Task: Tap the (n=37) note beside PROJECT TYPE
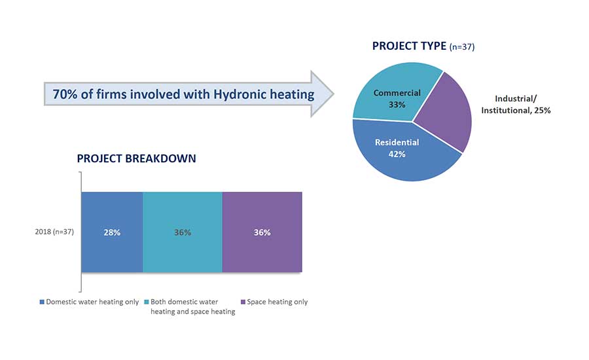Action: [x=462, y=46]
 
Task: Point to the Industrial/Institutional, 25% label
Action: [x=516, y=105]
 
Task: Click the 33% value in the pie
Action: [x=397, y=105]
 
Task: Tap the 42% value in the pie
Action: [x=397, y=154]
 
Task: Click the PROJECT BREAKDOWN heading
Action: [x=136, y=158]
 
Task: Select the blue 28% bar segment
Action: [x=112, y=232]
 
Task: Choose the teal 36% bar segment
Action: [x=183, y=232]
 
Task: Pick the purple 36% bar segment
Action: [x=262, y=232]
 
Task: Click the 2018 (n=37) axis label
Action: [x=54, y=232]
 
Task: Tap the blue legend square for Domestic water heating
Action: [x=42, y=302]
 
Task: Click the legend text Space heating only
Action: [x=277, y=302]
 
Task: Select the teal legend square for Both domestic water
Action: [x=147, y=302]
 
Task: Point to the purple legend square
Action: [x=243, y=302]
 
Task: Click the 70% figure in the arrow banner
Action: [x=65, y=94]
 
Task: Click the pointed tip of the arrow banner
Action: [x=334, y=94]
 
